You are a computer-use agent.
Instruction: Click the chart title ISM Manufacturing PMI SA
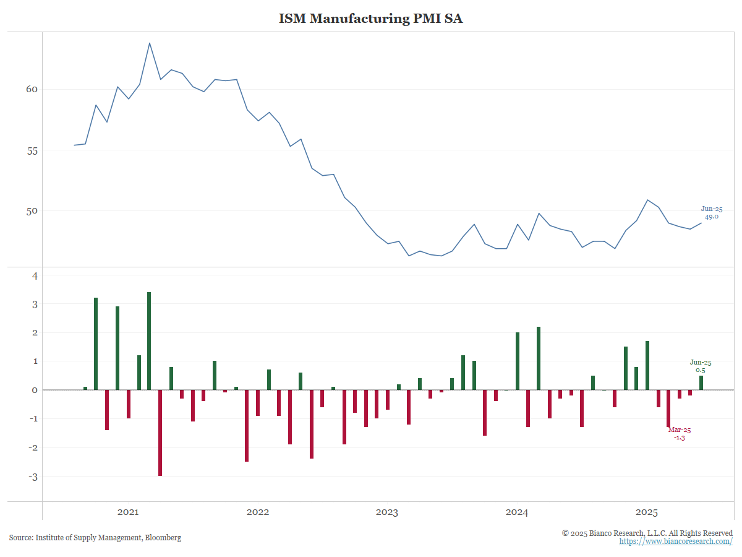point(370,19)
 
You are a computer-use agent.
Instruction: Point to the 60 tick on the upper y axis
point(32,89)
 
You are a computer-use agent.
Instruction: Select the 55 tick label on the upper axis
point(32,150)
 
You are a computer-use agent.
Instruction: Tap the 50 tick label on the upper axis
point(32,211)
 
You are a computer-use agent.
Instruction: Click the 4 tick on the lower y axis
point(35,276)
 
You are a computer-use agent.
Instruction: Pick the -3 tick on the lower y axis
point(33,477)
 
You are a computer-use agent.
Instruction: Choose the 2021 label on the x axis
point(128,512)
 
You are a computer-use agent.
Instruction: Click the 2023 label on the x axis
point(387,512)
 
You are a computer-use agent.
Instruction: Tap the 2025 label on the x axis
point(647,512)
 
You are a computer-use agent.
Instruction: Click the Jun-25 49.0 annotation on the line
point(712,213)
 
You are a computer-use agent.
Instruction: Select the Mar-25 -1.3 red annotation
point(680,433)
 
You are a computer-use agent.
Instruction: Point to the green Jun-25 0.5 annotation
point(701,366)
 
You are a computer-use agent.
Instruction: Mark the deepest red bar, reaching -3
point(160,433)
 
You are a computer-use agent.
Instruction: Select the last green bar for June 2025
point(701,382)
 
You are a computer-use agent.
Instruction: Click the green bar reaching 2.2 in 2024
point(539,358)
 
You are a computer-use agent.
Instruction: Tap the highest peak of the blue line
point(150,43)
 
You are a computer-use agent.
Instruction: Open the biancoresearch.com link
point(676,542)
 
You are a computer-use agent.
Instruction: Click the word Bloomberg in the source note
point(163,538)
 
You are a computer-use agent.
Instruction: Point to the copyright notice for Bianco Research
point(647,533)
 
